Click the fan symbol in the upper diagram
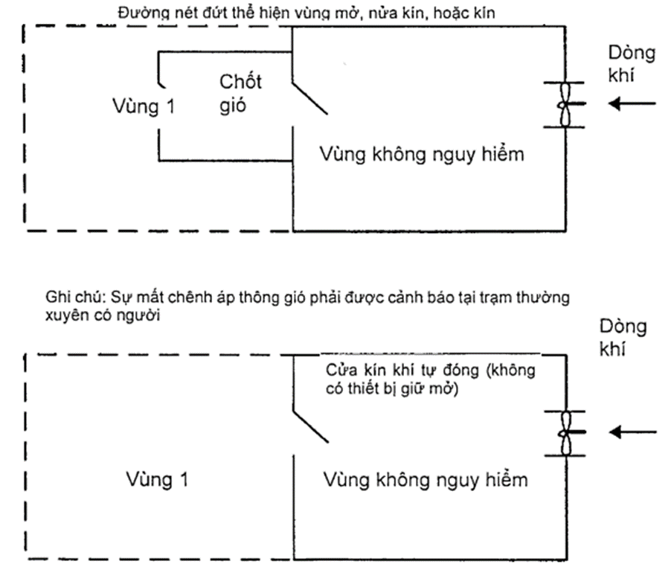click(x=565, y=103)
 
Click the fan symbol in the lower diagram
click(x=565, y=432)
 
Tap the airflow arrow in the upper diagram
click(x=632, y=103)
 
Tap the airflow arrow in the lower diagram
click(x=632, y=432)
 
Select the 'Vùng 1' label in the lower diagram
click(x=156, y=479)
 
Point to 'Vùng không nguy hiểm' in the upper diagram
click(x=422, y=154)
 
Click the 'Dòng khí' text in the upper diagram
click(x=632, y=64)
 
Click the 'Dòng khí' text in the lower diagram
click(x=623, y=338)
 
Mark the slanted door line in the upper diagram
click(x=309, y=97)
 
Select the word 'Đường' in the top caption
click(x=138, y=13)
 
